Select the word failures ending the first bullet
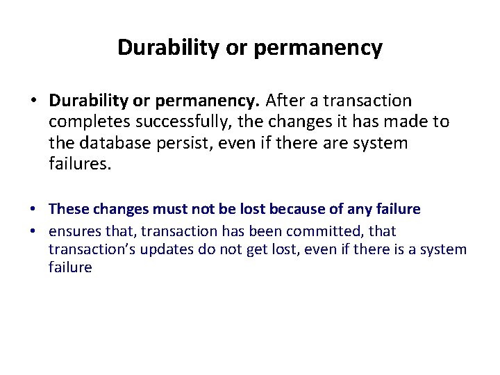(x=80, y=164)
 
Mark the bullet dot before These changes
(x=33, y=210)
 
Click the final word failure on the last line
(x=69, y=267)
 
